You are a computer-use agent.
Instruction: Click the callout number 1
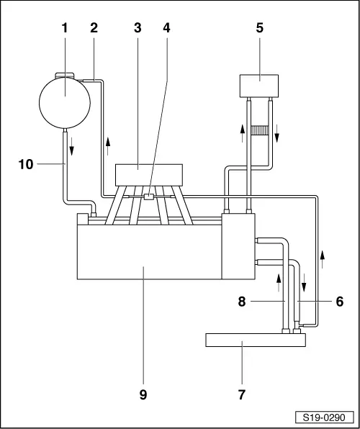65,28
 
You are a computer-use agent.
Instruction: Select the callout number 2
94,28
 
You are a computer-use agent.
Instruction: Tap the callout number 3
138,28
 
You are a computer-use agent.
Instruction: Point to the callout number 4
166,28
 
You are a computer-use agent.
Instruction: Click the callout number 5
259,28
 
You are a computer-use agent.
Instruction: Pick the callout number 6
339,302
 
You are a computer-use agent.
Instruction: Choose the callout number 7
241,394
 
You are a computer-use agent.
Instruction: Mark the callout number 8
242,302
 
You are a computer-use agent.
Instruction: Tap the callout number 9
143,394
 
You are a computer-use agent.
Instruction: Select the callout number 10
26,164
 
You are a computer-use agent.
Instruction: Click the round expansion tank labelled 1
65,103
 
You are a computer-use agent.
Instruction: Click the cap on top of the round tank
65,75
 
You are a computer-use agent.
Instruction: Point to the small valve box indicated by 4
149,197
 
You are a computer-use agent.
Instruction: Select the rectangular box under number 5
259,86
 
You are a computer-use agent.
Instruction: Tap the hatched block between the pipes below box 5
259,130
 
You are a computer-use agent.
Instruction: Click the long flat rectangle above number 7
256,340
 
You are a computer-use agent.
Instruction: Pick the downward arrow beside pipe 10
72,147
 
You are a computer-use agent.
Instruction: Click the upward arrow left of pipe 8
279,283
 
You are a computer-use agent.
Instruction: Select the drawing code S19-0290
324,417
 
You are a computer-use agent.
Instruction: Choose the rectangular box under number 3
149,175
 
